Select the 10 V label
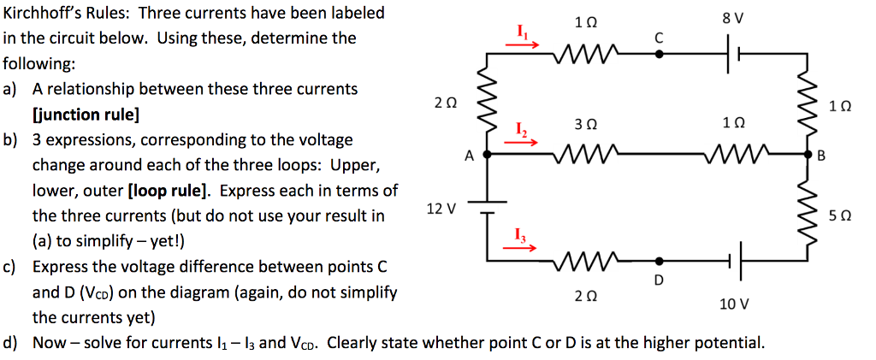pos(734,304)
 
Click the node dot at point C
pos(658,53)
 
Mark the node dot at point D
pos(659,261)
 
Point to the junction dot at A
pos(487,156)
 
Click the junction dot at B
pos(808,156)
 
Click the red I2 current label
pos(521,129)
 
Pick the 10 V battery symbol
pos(735,261)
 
